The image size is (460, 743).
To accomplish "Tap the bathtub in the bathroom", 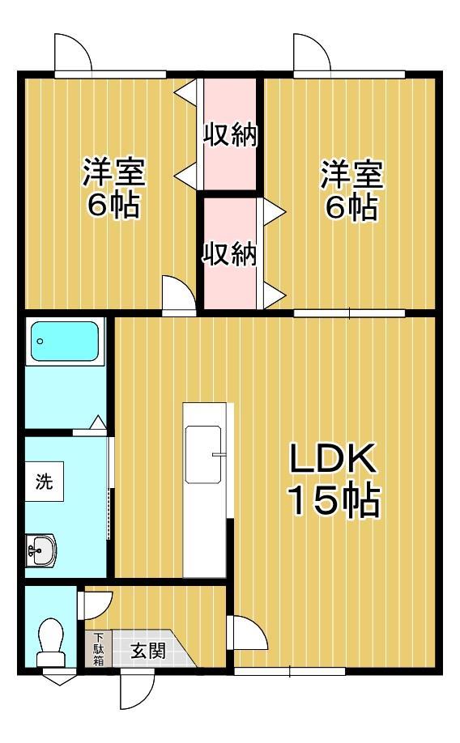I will pyautogui.click(x=65, y=342).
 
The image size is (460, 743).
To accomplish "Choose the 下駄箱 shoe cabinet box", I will pyautogui.click(x=97, y=648).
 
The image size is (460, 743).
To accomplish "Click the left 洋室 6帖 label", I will pyautogui.click(x=113, y=189).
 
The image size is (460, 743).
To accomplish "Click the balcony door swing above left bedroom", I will pyautogui.click(x=72, y=54).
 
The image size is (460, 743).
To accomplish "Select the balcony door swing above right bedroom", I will pyautogui.click(x=312, y=54).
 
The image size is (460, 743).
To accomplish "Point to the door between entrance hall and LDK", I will pyautogui.click(x=248, y=633).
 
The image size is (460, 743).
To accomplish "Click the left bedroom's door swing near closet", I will pyautogui.click(x=178, y=293).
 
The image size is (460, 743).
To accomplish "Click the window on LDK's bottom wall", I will pyautogui.click(x=290, y=670).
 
